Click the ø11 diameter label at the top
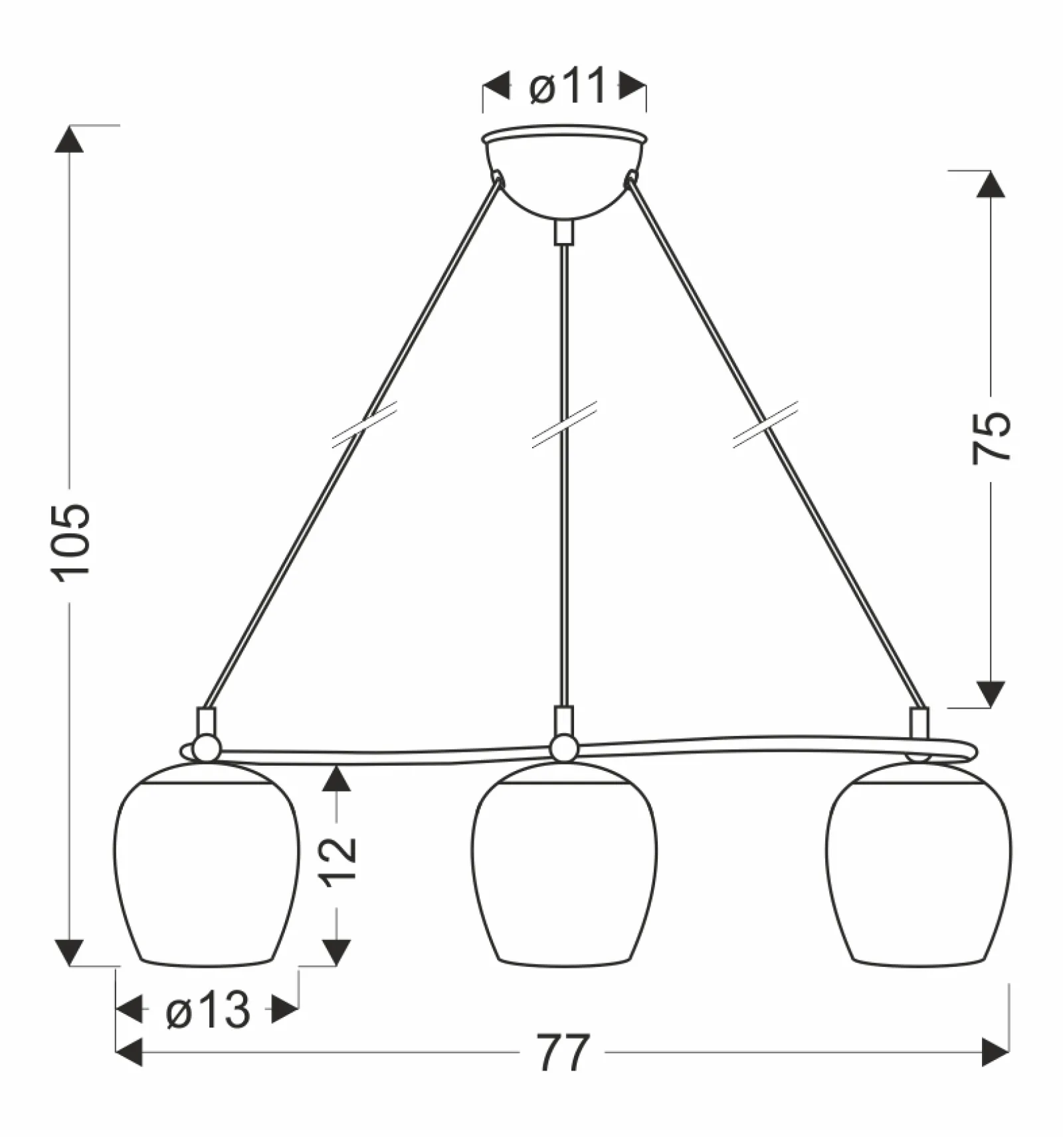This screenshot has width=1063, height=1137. pos(568,86)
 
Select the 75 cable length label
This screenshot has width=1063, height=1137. pos(991,438)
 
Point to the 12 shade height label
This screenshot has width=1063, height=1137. pos(339,861)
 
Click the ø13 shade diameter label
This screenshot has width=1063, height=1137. pos(208,1010)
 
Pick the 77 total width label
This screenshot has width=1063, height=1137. pos(563,1053)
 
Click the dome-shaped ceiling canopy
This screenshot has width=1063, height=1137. pos(564,171)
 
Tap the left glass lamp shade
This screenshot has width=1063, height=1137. pos(207,863)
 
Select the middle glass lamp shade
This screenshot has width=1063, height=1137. pos(564,863)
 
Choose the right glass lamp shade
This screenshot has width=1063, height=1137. pos(919,863)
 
